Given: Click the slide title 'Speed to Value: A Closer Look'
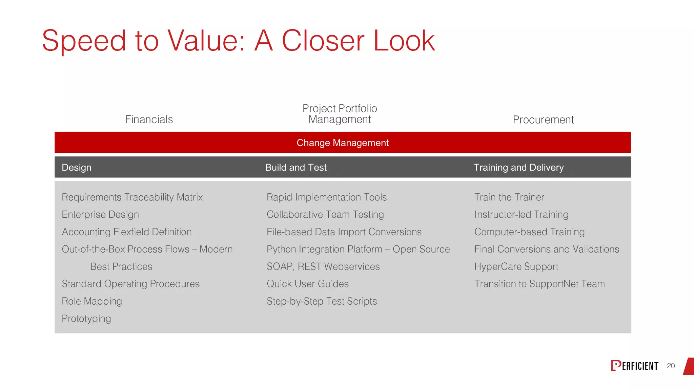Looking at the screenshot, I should click(238, 41).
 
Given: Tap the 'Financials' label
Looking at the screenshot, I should click(149, 120).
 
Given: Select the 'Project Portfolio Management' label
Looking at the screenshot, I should click(340, 114).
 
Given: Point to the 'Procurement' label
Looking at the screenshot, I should click(543, 120).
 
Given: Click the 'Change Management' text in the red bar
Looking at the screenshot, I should click(342, 143).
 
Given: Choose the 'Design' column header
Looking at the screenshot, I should click(77, 168).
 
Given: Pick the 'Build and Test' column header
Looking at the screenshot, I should click(295, 168).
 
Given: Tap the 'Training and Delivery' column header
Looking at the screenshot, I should click(518, 168).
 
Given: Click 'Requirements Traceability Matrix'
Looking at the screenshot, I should click(132, 197).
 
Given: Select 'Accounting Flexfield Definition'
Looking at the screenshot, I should click(126, 232).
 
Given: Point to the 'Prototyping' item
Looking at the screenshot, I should click(86, 319).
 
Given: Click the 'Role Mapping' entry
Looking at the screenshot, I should click(91, 301).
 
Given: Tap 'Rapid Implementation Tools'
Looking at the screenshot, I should click(326, 197).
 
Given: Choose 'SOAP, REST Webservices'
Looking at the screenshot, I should click(323, 267).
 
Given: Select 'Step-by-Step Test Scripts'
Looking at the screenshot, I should click(321, 301).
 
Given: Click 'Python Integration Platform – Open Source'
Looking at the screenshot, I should click(358, 250).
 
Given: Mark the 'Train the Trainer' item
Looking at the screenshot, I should click(509, 197).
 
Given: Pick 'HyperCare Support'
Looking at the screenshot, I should click(516, 267).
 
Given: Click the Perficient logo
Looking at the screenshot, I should click(635, 366).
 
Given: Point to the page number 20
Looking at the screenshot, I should click(671, 366).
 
